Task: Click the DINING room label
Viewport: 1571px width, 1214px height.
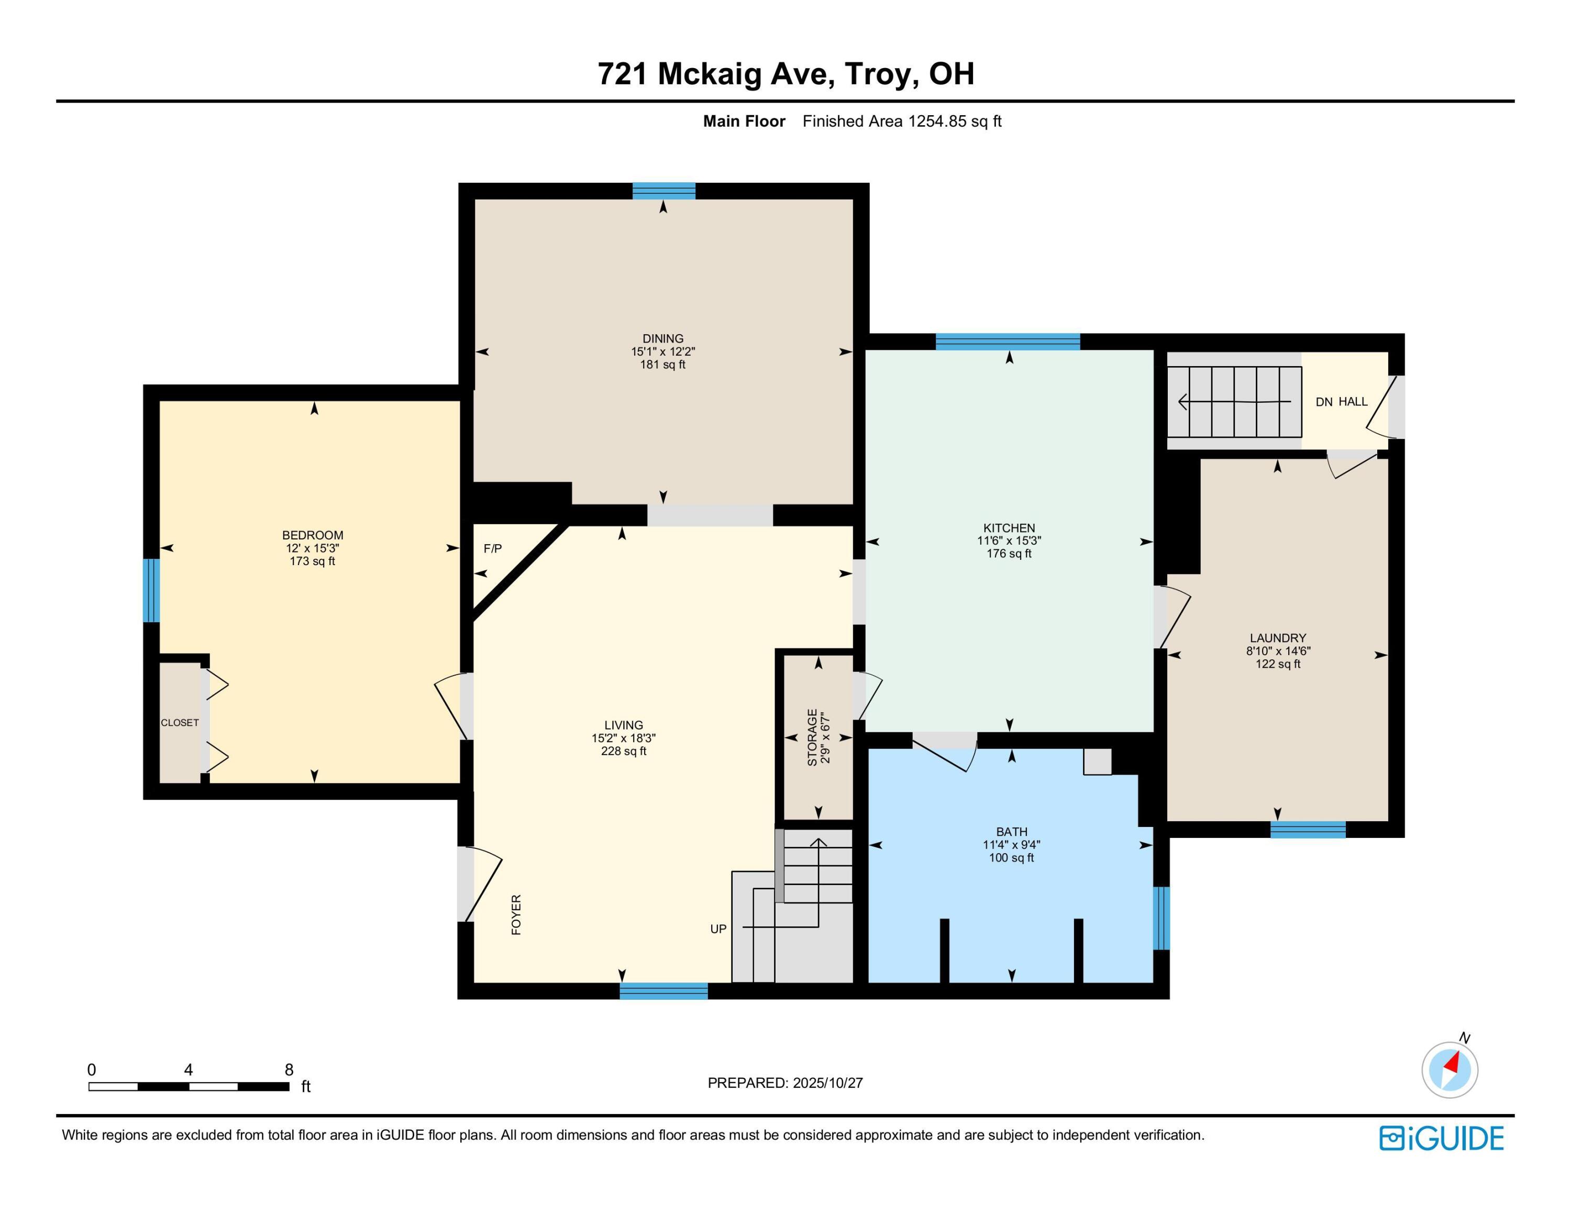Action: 662,338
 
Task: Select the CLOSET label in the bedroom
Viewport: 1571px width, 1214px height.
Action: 179,723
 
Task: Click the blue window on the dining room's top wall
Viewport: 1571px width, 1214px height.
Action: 663,191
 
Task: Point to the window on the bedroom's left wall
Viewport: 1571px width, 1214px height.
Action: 150,590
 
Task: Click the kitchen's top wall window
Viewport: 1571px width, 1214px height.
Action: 1007,341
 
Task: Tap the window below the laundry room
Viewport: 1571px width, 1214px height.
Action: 1307,829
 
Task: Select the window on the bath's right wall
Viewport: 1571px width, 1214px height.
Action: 1161,918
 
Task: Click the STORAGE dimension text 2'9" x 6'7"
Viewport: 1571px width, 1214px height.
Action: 826,738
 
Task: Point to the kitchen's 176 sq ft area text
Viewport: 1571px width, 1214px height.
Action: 1009,554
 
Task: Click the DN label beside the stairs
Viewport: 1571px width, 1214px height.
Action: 1323,402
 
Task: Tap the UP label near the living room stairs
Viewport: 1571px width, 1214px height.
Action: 718,929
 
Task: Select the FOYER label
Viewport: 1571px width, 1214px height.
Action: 516,915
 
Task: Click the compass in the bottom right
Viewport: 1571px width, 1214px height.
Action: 1450,1069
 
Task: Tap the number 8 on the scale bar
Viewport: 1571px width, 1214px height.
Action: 289,1069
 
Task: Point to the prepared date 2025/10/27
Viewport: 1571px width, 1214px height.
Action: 827,1083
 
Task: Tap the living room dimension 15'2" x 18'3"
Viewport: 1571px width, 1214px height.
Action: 623,738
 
